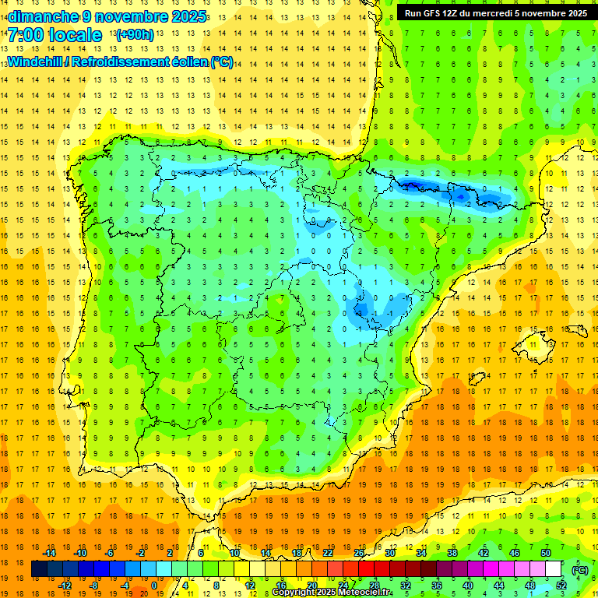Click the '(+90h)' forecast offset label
[x=134, y=35]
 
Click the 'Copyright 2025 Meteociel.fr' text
[x=332, y=593]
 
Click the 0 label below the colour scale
[x=154, y=586]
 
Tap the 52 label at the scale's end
[x=561, y=586]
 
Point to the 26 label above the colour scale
[x=359, y=553]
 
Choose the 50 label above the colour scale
[x=546, y=553]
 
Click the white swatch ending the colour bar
[x=554, y=569]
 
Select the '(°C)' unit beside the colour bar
[x=579, y=569]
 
